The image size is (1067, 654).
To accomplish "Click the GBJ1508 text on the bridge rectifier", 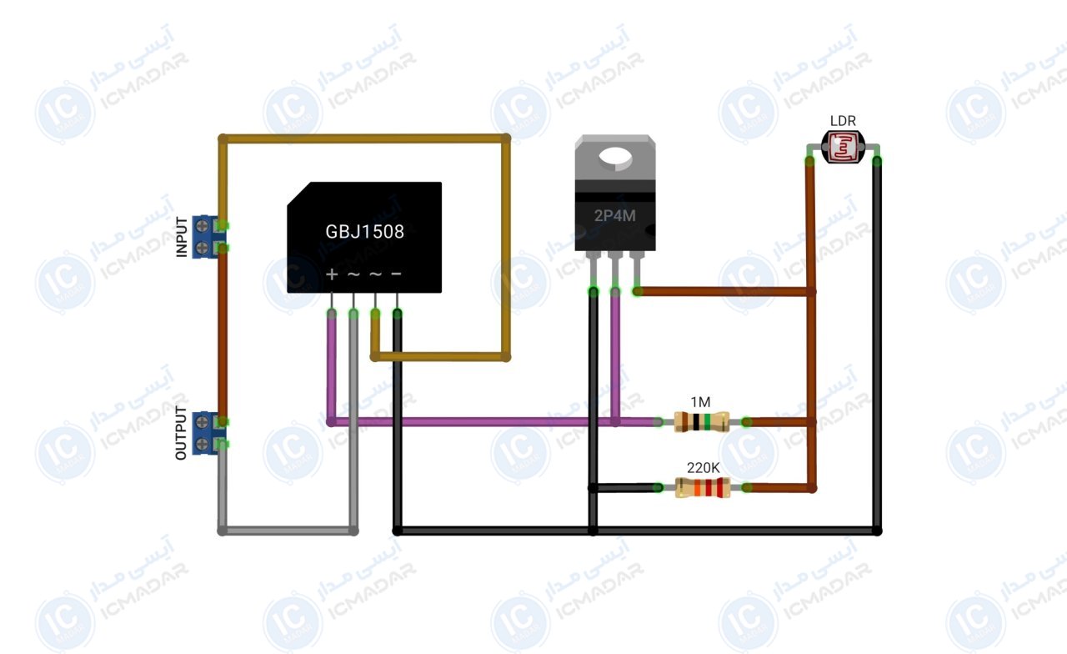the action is pyautogui.click(x=364, y=232).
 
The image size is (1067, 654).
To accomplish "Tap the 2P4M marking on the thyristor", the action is pyautogui.click(x=614, y=216).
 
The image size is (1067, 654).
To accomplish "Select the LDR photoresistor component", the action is pyautogui.click(x=843, y=147).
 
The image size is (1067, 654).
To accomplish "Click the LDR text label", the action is pyautogui.click(x=843, y=121).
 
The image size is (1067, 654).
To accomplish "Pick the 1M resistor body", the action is pyautogui.click(x=702, y=422).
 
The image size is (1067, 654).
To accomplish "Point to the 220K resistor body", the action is pyautogui.click(x=703, y=488).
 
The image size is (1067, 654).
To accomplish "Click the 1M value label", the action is pyautogui.click(x=700, y=402).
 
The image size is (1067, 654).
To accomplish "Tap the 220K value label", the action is pyautogui.click(x=703, y=468).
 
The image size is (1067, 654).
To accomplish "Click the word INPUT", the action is pyautogui.click(x=182, y=237).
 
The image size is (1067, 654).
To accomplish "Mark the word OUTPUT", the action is pyautogui.click(x=181, y=433).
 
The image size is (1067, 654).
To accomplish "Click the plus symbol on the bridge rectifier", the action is pyautogui.click(x=332, y=274).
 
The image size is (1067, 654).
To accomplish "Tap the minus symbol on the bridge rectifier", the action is pyautogui.click(x=396, y=274).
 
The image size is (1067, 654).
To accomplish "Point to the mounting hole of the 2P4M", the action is pyautogui.click(x=615, y=157).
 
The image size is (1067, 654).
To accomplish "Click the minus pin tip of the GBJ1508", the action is pyautogui.click(x=398, y=313).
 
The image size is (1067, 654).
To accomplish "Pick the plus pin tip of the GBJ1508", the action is pyautogui.click(x=332, y=313).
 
